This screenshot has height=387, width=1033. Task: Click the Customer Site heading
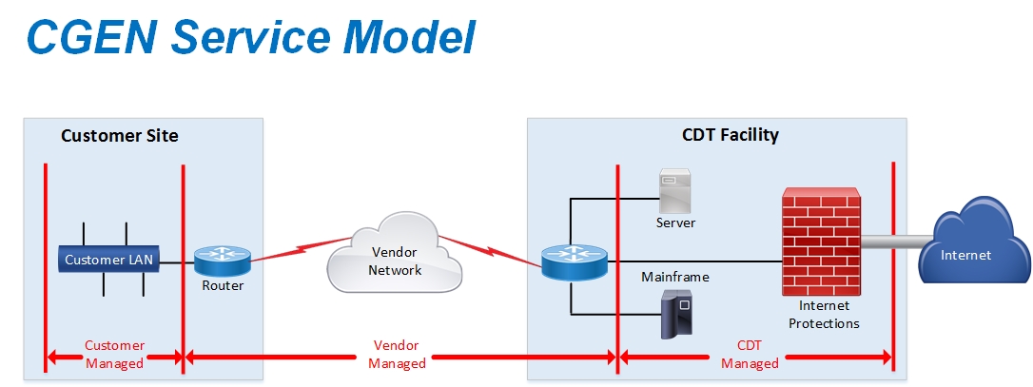coord(119,135)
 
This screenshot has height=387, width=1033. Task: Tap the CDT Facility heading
coord(730,135)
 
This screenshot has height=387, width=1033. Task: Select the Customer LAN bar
coord(107,259)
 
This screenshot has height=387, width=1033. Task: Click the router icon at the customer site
coord(223,259)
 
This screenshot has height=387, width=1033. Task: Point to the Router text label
coord(223,285)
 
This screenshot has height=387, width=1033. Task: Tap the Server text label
coord(675,223)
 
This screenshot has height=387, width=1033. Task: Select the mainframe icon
coord(675,315)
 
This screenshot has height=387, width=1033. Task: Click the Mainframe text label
coord(675,278)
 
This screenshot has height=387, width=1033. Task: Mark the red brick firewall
coord(820,242)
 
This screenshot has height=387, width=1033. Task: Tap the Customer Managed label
coord(114,354)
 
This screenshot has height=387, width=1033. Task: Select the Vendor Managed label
coord(397,354)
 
